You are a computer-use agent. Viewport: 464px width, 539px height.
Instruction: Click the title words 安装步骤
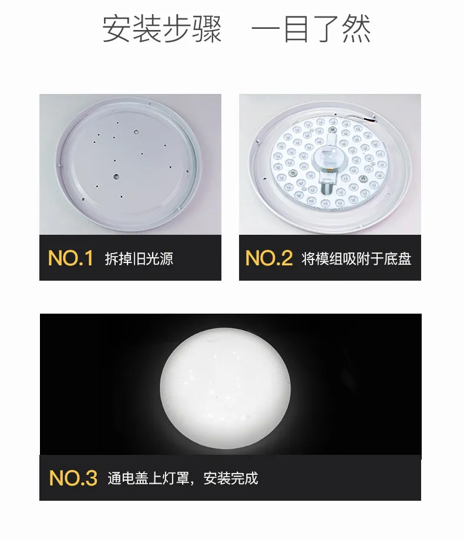click(x=162, y=29)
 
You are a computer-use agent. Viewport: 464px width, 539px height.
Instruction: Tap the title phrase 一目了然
click(x=311, y=29)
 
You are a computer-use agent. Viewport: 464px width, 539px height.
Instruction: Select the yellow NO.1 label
click(x=70, y=258)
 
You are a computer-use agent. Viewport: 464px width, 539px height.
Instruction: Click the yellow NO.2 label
click(x=269, y=258)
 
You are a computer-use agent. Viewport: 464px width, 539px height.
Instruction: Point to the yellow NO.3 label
click(x=73, y=478)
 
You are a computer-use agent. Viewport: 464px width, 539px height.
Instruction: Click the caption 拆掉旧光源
click(x=139, y=258)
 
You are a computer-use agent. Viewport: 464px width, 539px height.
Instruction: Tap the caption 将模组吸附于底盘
click(x=357, y=258)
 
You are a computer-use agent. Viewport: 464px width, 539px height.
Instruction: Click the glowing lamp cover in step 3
click(x=226, y=388)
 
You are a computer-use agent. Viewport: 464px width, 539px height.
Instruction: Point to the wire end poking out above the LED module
click(x=370, y=119)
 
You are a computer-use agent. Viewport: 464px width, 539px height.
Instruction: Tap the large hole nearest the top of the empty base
click(x=137, y=132)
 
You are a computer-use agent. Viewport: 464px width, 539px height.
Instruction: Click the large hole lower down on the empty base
click(x=116, y=177)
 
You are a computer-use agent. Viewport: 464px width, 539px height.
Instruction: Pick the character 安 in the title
click(x=117, y=29)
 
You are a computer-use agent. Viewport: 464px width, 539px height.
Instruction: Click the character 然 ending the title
click(x=357, y=29)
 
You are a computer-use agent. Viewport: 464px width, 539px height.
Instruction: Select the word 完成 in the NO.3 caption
click(x=244, y=478)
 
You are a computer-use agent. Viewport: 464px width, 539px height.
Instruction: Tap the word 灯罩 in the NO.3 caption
click(x=176, y=478)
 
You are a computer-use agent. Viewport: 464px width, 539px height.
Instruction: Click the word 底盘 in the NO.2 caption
click(x=398, y=258)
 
